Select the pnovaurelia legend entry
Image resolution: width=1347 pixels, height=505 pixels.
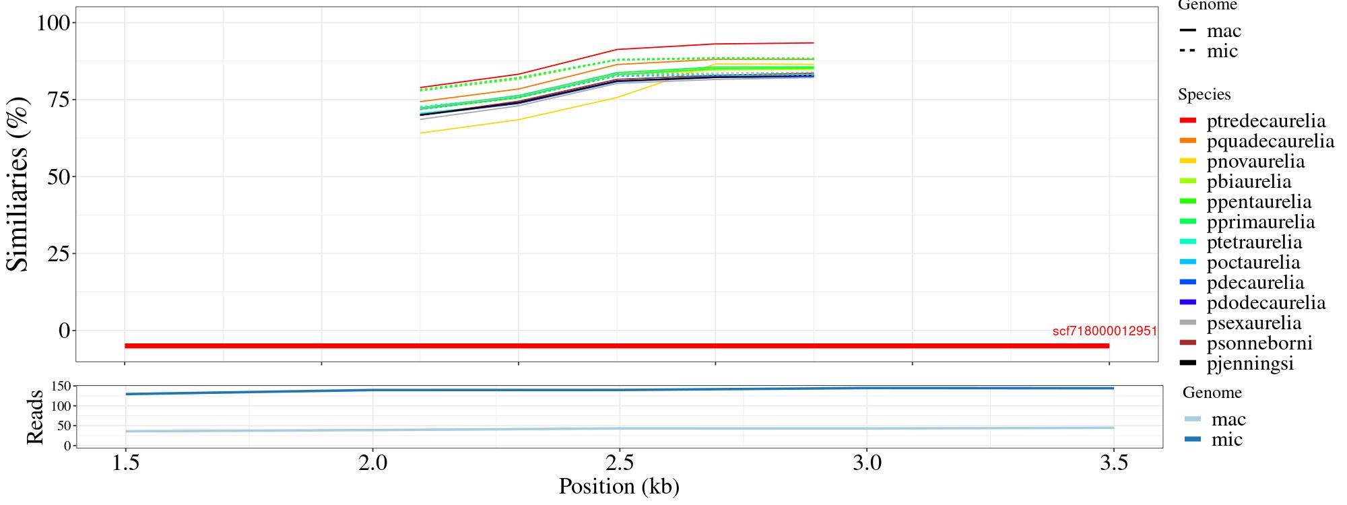click(x=1255, y=162)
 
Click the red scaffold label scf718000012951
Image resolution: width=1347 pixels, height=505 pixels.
click(x=1105, y=331)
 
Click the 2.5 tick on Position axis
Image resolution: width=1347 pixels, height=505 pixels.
click(x=619, y=465)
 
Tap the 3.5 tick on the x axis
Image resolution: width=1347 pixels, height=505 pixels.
click(x=1114, y=465)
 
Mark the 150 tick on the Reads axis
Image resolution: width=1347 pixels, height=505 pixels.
click(x=61, y=386)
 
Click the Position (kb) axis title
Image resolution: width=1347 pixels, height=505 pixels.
click(x=619, y=486)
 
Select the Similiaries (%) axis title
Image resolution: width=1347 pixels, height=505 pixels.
click(x=19, y=183)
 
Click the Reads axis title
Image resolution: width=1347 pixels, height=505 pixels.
click(x=34, y=417)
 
